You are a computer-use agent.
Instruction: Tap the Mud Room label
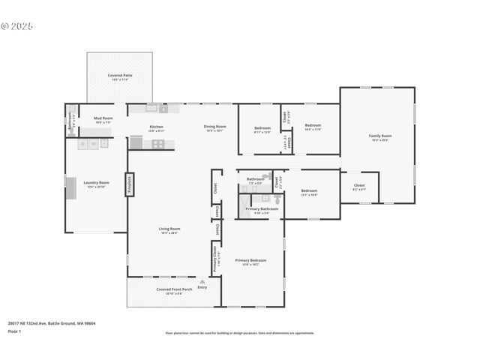[103, 118]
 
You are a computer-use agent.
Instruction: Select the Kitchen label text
[157, 127]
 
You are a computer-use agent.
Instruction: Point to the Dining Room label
[214, 127]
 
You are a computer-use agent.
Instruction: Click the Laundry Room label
[97, 182]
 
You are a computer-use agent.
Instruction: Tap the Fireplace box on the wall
[129, 184]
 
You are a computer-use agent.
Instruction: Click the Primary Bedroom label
[250, 260]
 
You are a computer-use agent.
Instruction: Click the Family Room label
[380, 136]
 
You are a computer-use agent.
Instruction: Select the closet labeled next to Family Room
[359, 185]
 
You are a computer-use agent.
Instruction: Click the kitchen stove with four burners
[158, 143]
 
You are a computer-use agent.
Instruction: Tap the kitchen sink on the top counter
[152, 108]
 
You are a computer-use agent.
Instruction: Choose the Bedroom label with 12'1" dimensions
[309, 191]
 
